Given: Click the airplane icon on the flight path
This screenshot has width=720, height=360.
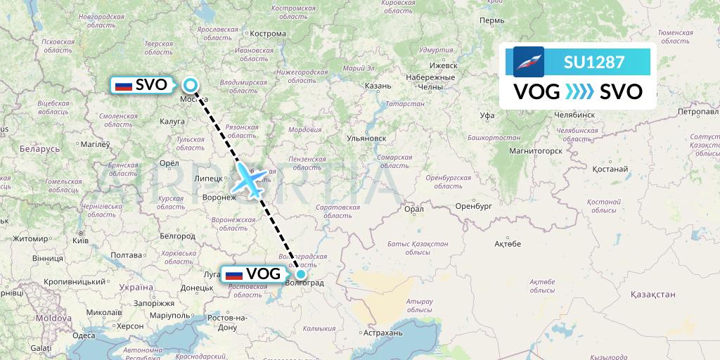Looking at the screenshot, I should pyautogui.click(x=249, y=181).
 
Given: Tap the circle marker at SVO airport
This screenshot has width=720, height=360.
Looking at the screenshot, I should pyautogui.click(x=191, y=86).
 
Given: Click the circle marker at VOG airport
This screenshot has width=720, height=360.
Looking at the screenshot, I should pyautogui.click(x=301, y=274).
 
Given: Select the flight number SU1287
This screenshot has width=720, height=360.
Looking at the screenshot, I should pyautogui.click(x=593, y=62).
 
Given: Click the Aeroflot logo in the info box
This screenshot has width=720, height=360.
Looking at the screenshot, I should pyautogui.click(x=529, y=62).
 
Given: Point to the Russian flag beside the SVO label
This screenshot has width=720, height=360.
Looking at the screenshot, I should pyautogui.click(x=123, y=86).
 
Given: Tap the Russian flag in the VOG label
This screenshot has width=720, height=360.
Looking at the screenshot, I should pyautogui.click(x=233, y=274).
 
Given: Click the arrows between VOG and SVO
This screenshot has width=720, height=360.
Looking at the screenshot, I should pyautogui.click(x=579, y=92).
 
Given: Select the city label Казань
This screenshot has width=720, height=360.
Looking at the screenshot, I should pyautogui.click(x=378, y=86).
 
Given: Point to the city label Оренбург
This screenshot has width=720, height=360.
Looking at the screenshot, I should pyautogui.click(x=472, y=206).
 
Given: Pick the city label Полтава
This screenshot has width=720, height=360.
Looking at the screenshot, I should pyautogui.click(x=127, y=255).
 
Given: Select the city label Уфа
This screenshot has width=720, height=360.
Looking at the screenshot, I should pyautogui.click(x=487, y=115).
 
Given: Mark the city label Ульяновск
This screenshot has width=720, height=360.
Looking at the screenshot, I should pyautogui.click(x=368, y=139).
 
